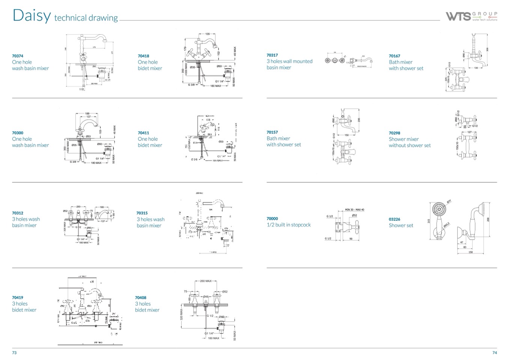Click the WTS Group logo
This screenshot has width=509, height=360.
471,16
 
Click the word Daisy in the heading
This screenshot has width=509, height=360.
32,15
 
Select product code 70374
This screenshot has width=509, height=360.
18,56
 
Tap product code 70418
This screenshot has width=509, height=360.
143,56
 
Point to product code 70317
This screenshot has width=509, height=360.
272,55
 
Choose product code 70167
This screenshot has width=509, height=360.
395,56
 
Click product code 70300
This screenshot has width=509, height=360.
18,133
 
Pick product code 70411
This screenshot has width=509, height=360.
143,133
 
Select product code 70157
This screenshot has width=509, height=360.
272,132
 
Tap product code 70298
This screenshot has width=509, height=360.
395,133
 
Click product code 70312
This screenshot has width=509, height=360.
18,213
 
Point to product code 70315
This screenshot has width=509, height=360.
142,213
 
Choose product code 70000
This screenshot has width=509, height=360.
272,218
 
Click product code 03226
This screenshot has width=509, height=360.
395,219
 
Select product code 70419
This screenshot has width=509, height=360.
18,297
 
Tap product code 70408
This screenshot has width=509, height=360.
141,297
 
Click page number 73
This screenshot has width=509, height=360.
14,352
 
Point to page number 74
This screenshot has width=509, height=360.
494,352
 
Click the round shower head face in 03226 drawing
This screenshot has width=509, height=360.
438,208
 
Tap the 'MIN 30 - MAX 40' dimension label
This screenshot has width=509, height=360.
354,210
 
